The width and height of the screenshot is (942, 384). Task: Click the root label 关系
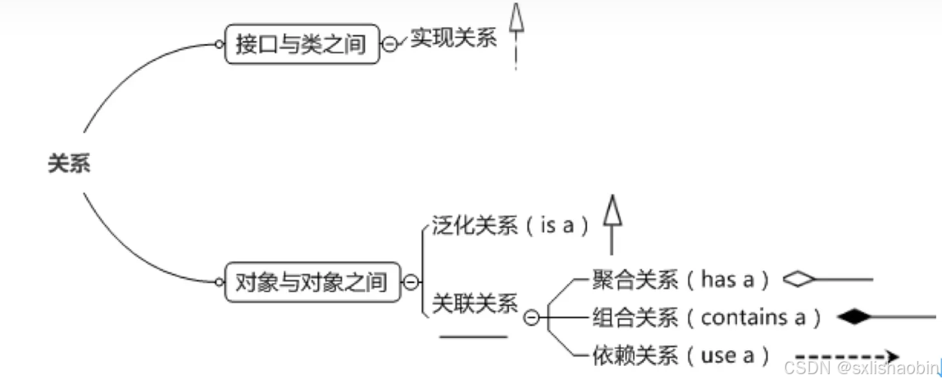tap(68, 164)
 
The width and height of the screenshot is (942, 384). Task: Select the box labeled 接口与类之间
tap(302, 43)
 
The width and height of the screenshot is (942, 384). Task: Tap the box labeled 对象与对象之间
tap(312, 282)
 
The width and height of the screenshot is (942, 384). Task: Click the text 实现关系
tap(453, 39)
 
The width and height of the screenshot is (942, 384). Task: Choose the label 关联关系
tap(475, 304)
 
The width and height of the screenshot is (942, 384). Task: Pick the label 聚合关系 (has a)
tap(680, 279)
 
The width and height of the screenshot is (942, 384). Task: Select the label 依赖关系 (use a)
tap(680, 355)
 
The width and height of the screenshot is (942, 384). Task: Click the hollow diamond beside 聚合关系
tap(799, 279)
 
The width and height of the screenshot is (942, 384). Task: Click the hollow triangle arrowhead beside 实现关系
tap(516, 18)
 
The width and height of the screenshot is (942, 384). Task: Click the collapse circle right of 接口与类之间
tap(390, 44)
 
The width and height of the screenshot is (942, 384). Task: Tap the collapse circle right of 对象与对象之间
tap(411, 283)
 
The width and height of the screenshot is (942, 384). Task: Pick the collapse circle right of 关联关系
tap(531, 318)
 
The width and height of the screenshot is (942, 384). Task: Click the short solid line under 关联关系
tap(473, 336)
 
